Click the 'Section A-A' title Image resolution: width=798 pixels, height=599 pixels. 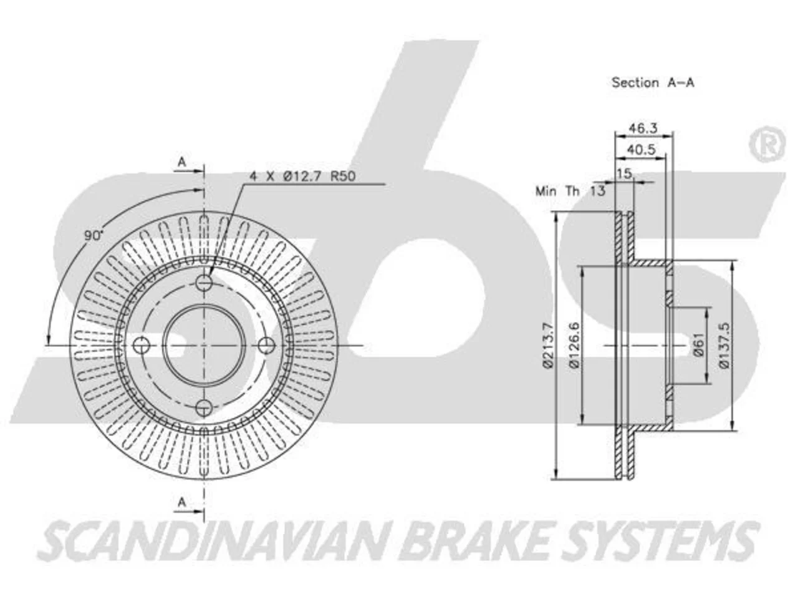click(x=653, y=82)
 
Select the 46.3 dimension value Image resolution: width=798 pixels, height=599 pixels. click(x=643, y=128)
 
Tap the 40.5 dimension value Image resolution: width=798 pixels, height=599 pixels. click(x=642, y=150)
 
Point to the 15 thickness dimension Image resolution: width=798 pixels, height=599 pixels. click(x=624, y=173)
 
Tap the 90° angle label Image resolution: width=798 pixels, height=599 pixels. click(x=94, y=235)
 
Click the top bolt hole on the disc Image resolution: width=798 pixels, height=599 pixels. click(x=204, y=282)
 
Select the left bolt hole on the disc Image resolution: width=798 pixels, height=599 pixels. click(x=141, y=345)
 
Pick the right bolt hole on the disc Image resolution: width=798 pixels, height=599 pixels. click(x=266, y=345)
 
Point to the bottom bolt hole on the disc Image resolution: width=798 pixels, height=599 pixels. click(x=204, y=407)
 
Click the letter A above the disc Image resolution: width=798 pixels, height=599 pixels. click(x=182, y=162)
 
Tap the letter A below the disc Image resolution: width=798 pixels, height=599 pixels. click(x=182, y=502)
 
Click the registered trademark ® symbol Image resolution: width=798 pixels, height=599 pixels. click(x=767, y=144)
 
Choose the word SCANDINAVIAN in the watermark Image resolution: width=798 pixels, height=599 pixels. click(x=209, y=541)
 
